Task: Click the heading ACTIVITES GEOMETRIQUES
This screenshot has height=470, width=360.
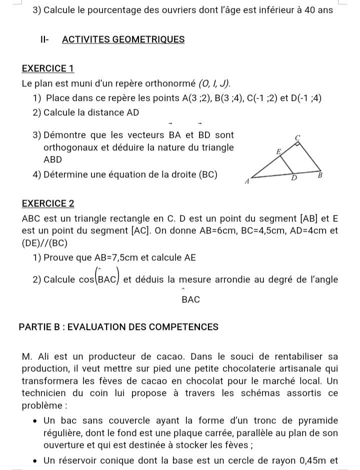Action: click(x=123, y=39)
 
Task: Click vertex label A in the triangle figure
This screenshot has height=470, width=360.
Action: click(x=246, y=182)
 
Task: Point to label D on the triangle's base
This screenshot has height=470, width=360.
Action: click(x=294, y=178)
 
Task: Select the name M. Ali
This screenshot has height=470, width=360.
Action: click(x=38, y=356)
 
